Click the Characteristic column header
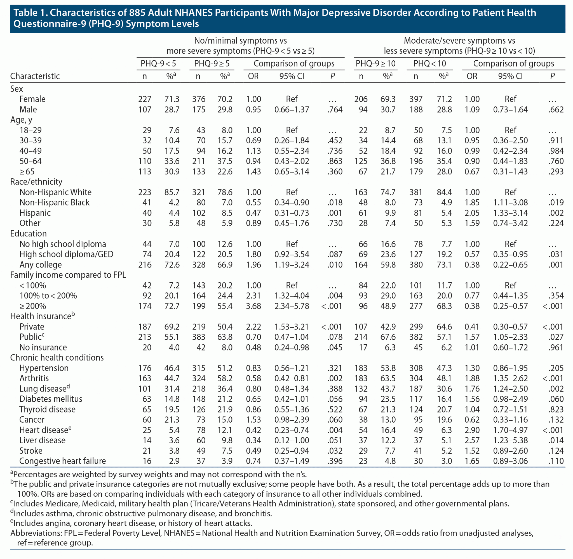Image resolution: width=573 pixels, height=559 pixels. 35,76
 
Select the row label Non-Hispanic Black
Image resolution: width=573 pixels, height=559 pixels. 54,203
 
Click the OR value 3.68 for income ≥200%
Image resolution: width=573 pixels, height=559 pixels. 253,306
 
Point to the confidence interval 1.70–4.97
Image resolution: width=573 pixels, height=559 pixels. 510,430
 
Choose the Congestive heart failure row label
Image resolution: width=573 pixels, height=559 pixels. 62,461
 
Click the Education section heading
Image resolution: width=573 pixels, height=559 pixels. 29,234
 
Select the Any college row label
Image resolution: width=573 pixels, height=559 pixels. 41,265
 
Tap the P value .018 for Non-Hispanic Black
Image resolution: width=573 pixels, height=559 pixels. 335,203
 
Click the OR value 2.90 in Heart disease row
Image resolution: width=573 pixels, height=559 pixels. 472,430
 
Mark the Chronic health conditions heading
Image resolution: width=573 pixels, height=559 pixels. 57,357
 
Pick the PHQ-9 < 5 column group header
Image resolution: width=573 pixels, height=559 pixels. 158,64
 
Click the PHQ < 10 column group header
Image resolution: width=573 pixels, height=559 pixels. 429,64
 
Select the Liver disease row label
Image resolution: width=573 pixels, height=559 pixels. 42,440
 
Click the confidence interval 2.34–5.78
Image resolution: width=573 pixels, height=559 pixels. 292,306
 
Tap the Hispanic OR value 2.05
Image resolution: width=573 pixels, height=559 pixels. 472,213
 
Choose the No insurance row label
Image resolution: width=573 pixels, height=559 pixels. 43,348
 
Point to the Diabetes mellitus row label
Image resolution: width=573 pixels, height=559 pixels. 51,399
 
